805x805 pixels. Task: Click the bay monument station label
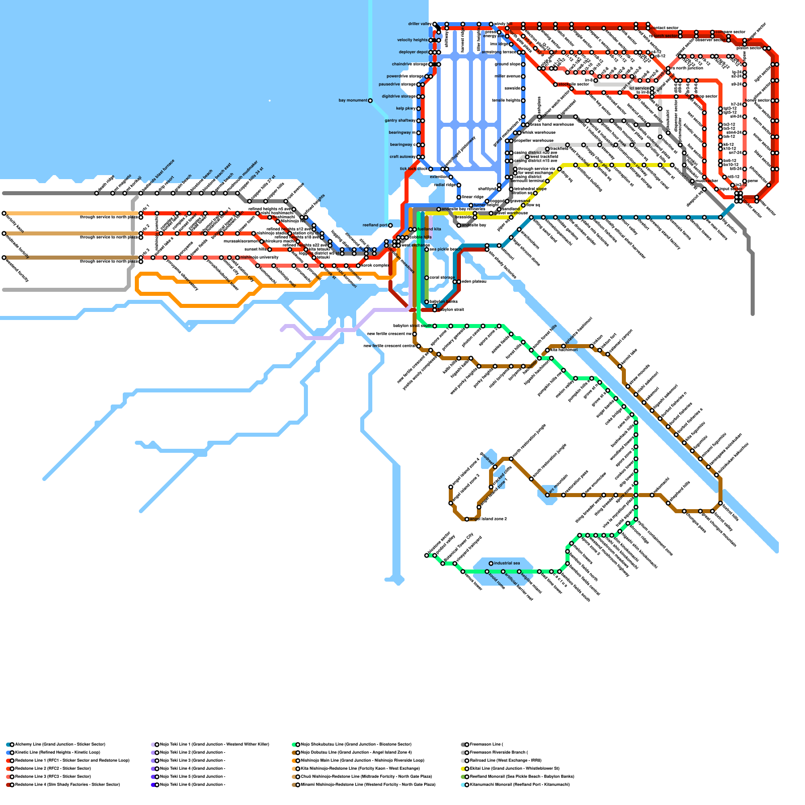pos(353,101)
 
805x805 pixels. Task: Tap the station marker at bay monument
pos(370,101)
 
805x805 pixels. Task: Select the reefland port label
pos(375,225)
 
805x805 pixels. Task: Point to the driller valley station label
pos(420,24)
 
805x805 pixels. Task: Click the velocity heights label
pos(412,40)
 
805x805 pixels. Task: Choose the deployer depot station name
pos(413,52)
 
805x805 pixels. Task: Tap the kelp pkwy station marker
pos(419,109)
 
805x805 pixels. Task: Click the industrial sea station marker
pos(491,563)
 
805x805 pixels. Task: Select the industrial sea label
pos(507,563)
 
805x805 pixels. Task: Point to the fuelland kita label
pos(429,229)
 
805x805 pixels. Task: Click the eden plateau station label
pos(473,282)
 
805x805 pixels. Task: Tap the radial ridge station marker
pos(451,185)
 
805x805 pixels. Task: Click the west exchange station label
pos(416,246)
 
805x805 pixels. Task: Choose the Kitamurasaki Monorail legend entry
pos(518,784)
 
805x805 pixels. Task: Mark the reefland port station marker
pos(390,225)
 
